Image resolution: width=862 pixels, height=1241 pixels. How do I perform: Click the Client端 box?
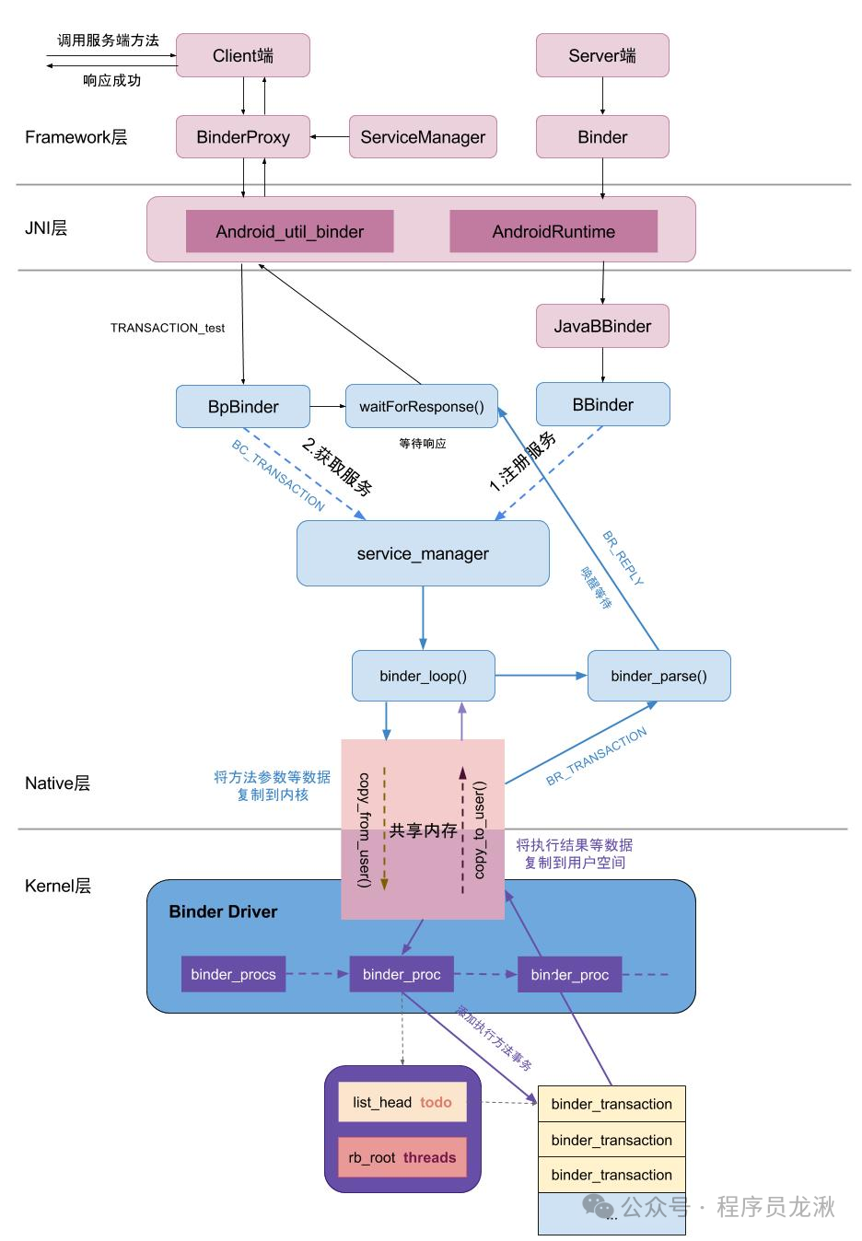(243, 55)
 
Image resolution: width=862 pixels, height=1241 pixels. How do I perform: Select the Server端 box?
(602, 55)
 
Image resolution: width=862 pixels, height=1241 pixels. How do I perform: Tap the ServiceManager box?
(423, 137)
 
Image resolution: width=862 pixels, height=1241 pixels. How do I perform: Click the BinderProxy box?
(243, 137)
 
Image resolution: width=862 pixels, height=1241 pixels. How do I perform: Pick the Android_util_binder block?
(289, 231)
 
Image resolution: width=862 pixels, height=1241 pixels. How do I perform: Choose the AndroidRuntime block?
(553, 231)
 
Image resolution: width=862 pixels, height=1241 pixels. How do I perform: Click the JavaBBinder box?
(602, 326)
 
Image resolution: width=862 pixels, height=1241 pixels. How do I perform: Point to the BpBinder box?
(243, 406)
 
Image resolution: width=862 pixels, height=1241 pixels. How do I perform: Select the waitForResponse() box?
(421, 406)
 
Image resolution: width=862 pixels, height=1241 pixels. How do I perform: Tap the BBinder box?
(602, 404)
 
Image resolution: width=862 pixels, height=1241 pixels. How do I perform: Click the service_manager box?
(423, 553)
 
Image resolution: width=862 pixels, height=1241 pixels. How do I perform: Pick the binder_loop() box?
(423, 676)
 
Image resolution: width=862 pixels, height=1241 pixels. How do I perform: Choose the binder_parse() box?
(658, 676)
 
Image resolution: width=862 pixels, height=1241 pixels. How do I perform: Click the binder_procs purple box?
(233, 973)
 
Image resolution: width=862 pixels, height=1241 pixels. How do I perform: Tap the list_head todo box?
(402, 1102)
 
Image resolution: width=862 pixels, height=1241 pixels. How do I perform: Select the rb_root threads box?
(402, 1157)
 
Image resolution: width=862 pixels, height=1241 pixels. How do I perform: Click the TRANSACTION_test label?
(168, 328)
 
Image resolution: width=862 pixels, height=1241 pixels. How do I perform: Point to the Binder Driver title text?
(223, 911)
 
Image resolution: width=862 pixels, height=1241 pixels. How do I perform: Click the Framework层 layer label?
(76, 137)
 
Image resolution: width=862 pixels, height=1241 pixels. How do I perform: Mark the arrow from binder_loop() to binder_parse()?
(541, 676)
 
